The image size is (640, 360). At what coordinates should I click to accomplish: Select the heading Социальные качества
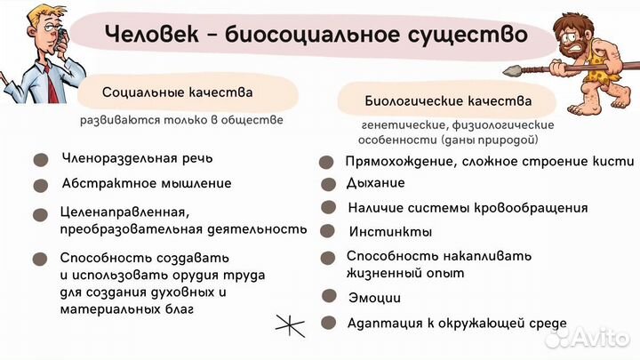177,92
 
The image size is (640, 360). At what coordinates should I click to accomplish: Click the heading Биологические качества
448,100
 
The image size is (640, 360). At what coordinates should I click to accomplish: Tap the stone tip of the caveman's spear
514,71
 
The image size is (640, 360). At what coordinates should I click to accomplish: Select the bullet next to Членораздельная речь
40,161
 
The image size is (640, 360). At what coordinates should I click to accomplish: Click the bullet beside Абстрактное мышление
40,186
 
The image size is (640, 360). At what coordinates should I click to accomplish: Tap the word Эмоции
373,299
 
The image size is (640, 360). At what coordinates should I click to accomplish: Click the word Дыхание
375,183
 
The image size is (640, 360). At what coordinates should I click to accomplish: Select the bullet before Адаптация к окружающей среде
328,323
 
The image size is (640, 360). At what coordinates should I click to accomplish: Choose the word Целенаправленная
124,212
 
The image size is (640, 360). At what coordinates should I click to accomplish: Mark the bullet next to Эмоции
328,299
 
